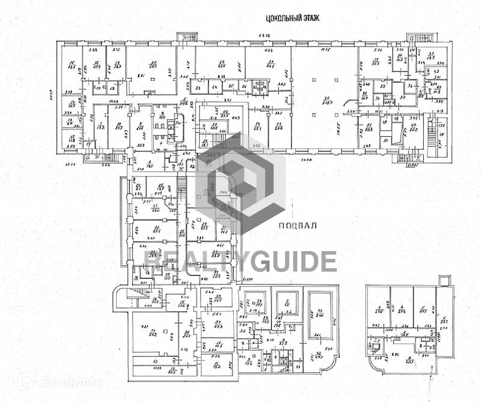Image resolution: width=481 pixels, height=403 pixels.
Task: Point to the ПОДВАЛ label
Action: (x=298, y=225)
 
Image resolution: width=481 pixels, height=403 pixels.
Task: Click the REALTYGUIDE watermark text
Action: (x=241, y=261)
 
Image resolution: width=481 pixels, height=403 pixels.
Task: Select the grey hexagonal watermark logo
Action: (x=240, y=183)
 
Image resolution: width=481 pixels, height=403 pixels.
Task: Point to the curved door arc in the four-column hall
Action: (x=349, y=103)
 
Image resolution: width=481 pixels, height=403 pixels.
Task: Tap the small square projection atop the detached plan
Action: (x=444, y=280)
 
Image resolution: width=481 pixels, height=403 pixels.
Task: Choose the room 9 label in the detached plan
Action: (x=410, y=360)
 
